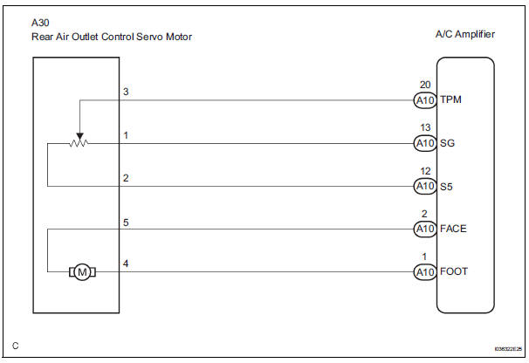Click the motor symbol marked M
point(83,271)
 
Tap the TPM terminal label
point(451,99)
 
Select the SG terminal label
point(447,143)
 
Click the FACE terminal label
point(454,229)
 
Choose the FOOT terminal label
point(455,271)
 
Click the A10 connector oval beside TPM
point(424,99)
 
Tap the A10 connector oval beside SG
point(424,143)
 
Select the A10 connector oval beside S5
point(424,186)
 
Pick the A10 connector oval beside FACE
point(424,229)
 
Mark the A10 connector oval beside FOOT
point(424,271)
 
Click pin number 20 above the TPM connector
point(424,85)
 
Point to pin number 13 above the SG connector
point(424,128)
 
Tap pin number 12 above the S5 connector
point(424,171)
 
